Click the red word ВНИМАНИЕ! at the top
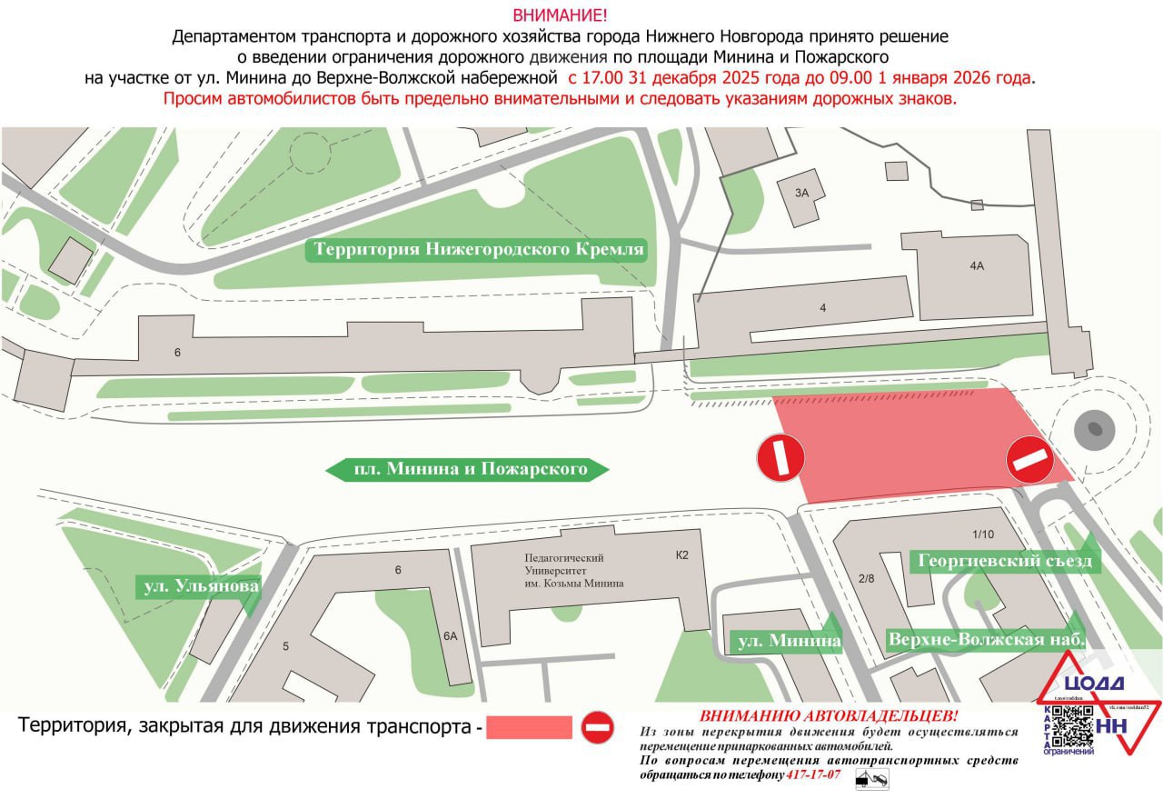click(560, 15)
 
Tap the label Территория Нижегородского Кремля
click(479, 249)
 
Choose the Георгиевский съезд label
click(1005, 562)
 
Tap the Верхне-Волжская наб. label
click(987, 639)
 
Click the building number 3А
click(801, 193)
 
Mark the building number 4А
click(977, 266)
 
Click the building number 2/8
click(866, 579)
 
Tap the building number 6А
click(451, 637)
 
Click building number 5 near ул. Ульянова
click(285, 646)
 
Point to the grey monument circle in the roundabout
click(1093, 429)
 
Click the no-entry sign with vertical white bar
click(781, 457)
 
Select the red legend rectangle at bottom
click(529, 727)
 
